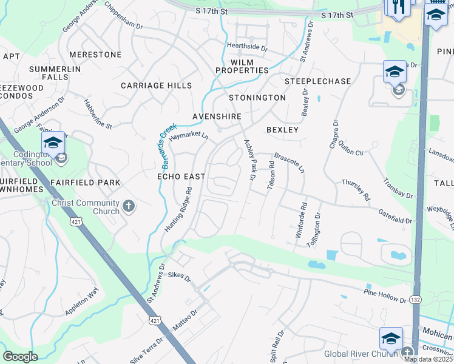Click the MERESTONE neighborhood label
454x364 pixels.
[x=95, y=55]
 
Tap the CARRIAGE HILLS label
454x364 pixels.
[x=156, y=86]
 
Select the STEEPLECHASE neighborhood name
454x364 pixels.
[x=318, y=81]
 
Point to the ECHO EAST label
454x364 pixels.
[x=181, y=176]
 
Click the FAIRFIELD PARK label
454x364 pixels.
[x=86, y=182]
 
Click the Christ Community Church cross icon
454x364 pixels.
[x=128, y=207]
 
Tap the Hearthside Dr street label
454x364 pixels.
[x=247, y=47]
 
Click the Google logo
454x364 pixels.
[x=20, y=357]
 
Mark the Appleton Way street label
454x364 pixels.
[x=81, y=302]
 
